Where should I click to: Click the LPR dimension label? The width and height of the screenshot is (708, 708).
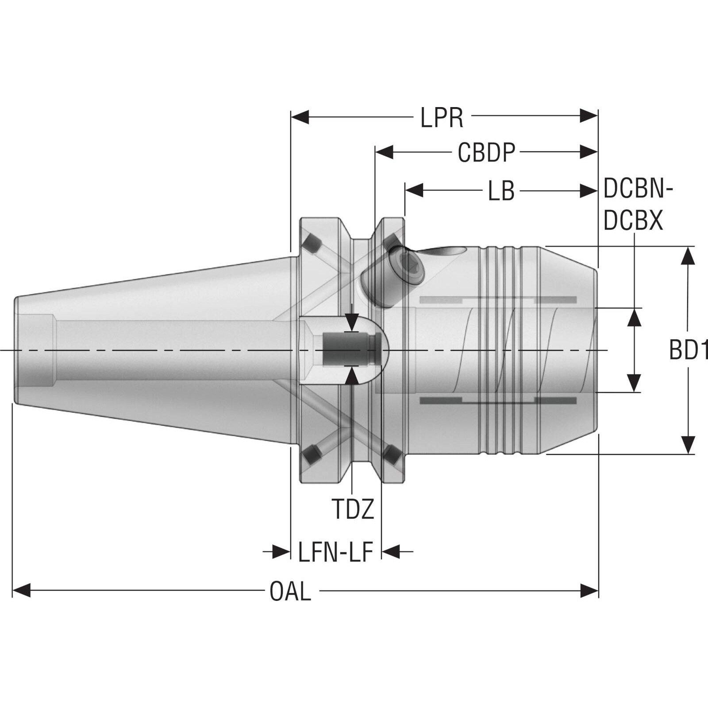tap(442, 118)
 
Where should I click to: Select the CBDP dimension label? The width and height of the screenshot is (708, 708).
tap(486, 153)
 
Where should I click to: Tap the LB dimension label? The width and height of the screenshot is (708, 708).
tap(501, 191)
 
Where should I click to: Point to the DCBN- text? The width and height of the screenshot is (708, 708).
tap(638, 189)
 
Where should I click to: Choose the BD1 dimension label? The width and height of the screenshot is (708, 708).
tap(689, 350)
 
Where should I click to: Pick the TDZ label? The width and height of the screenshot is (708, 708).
tap(353, 509)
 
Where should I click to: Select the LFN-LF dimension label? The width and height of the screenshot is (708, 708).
tap(335, 552)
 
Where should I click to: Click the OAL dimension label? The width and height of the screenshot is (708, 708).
tap(290, 591)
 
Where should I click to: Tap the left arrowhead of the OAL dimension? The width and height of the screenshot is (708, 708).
tap(21, 590)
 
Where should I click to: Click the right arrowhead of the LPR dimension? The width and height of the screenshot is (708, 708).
tap(589, 117)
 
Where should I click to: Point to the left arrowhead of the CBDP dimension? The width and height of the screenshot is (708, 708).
tap(384, 153)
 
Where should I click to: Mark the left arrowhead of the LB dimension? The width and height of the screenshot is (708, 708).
tap(414, 191)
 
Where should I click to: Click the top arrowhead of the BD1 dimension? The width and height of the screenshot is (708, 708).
tap(688, 255)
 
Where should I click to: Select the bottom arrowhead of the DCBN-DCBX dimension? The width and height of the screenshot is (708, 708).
tap(635, 383)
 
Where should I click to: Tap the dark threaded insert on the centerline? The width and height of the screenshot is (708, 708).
tap(351, 350)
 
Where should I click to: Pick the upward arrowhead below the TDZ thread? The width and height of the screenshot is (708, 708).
tap(352, 375)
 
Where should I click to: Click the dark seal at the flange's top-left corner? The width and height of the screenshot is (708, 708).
tap(312, 243)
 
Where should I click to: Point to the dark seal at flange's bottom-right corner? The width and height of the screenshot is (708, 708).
tap(392, 454)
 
